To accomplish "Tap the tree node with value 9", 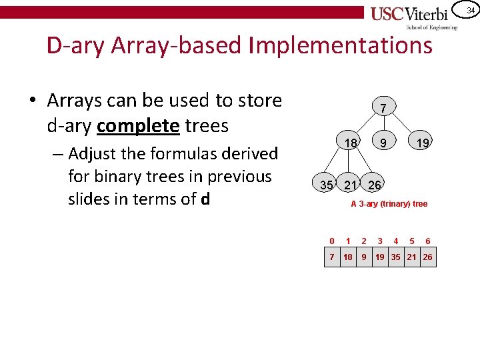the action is tap(383, 143).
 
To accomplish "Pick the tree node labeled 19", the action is tap(421, 143).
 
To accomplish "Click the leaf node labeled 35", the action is tap(326, 185).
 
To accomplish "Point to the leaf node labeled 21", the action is tap(351, 185).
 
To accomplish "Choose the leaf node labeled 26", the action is tap(375, 185).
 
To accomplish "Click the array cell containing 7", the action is tap(332, 257).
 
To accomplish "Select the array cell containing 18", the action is tap(348, 257).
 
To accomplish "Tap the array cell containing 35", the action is tap(396, 257).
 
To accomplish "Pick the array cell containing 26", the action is tap(427, 257).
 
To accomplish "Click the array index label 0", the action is tap(332, 241).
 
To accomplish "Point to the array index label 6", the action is tap(427, 241).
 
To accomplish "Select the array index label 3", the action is tap(380, 241).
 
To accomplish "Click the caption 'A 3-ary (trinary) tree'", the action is tap(389, 204).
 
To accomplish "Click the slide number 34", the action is tap(470, 10).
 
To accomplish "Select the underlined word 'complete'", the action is tap(137, 125).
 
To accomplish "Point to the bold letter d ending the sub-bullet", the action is tap(205, 199).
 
